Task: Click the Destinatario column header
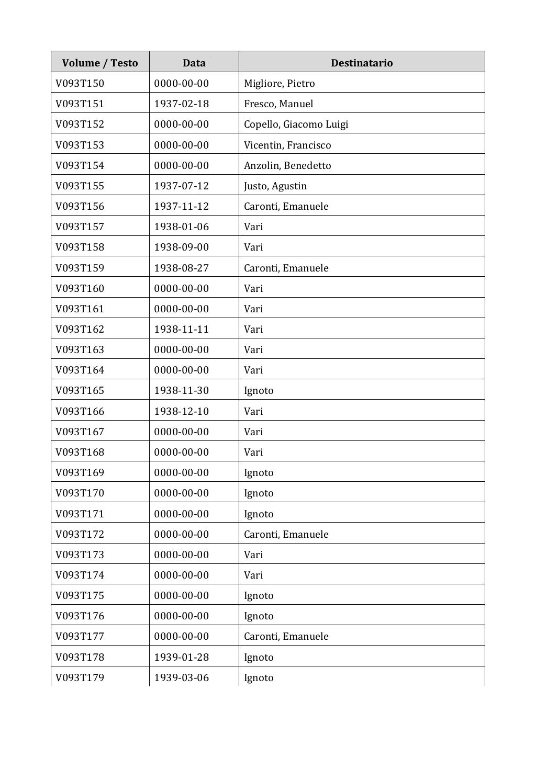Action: coord(361,63)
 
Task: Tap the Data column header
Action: coord(194,63)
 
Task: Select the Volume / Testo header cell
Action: coord(100,63)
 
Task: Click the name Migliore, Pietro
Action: coord(279,83)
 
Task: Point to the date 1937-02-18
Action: coord(181,104)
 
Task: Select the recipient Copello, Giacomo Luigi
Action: coord(296,124)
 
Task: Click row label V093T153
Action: coord(80,145)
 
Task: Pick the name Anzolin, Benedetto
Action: coord(287,165)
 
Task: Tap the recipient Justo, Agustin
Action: coord(275,186)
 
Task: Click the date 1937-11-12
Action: coord(181,206)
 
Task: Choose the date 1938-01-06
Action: coord(181,227)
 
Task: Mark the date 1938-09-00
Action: coord(181,247)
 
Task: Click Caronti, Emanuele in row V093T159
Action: coord(286,268)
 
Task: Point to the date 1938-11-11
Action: coord(181,329)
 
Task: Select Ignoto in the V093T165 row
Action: coord(259,390)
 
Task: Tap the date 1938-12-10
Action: coord(181,411)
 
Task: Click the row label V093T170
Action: coord(80,493)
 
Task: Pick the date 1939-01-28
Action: coord(181,657)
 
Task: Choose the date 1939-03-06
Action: coord(181,677)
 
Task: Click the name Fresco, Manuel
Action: coord(278,104)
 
